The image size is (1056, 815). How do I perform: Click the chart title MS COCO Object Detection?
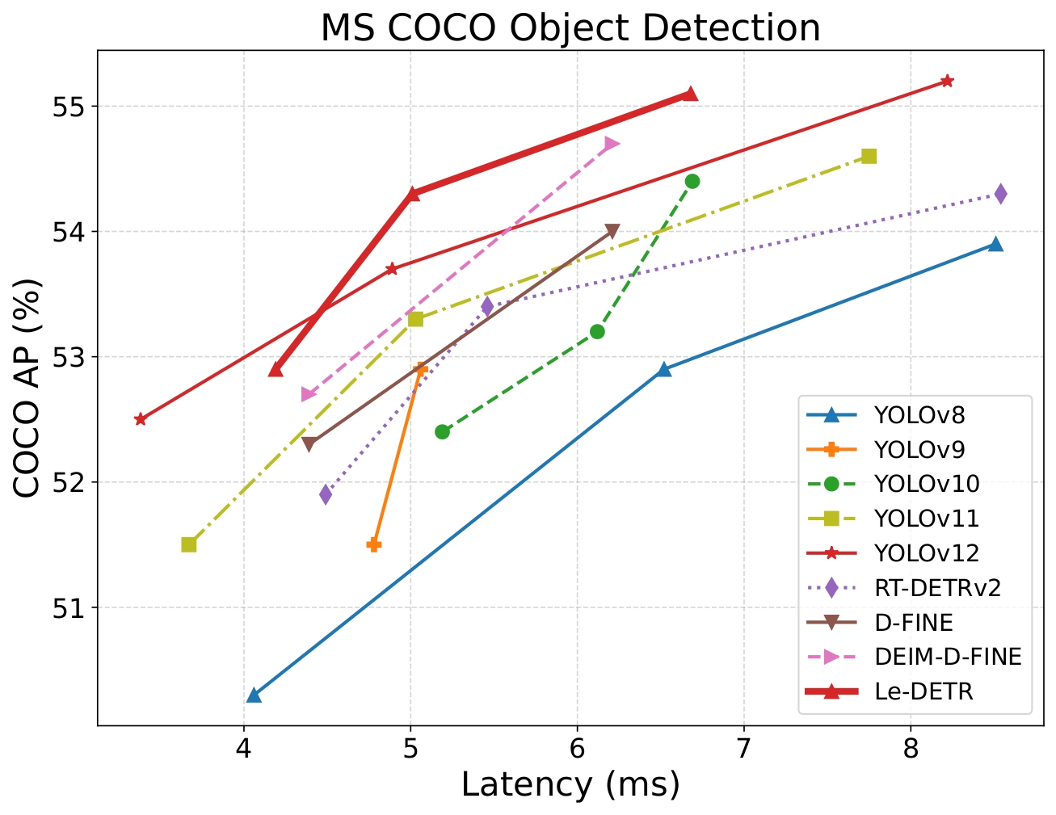click(570, 28)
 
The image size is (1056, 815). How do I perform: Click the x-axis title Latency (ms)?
click(570, 784)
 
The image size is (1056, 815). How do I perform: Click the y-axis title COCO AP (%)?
click(28, 388)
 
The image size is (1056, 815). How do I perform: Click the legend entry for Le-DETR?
click(923, 691)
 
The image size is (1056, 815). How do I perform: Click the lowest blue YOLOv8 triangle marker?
click(254, 695)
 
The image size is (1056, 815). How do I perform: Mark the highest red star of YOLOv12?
click(947, 81)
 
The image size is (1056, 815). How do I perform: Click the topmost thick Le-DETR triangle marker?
click(690, 94)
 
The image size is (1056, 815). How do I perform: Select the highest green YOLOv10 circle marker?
click(692, 181)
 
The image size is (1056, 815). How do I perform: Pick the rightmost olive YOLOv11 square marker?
click(869, 156)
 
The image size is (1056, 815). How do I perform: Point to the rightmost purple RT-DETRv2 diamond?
click(1000, 194)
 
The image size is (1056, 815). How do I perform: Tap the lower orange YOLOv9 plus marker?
click(374, 544)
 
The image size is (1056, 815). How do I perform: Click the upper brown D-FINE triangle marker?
click(612, 232)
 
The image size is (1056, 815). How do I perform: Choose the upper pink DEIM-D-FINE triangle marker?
click(612, 144)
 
